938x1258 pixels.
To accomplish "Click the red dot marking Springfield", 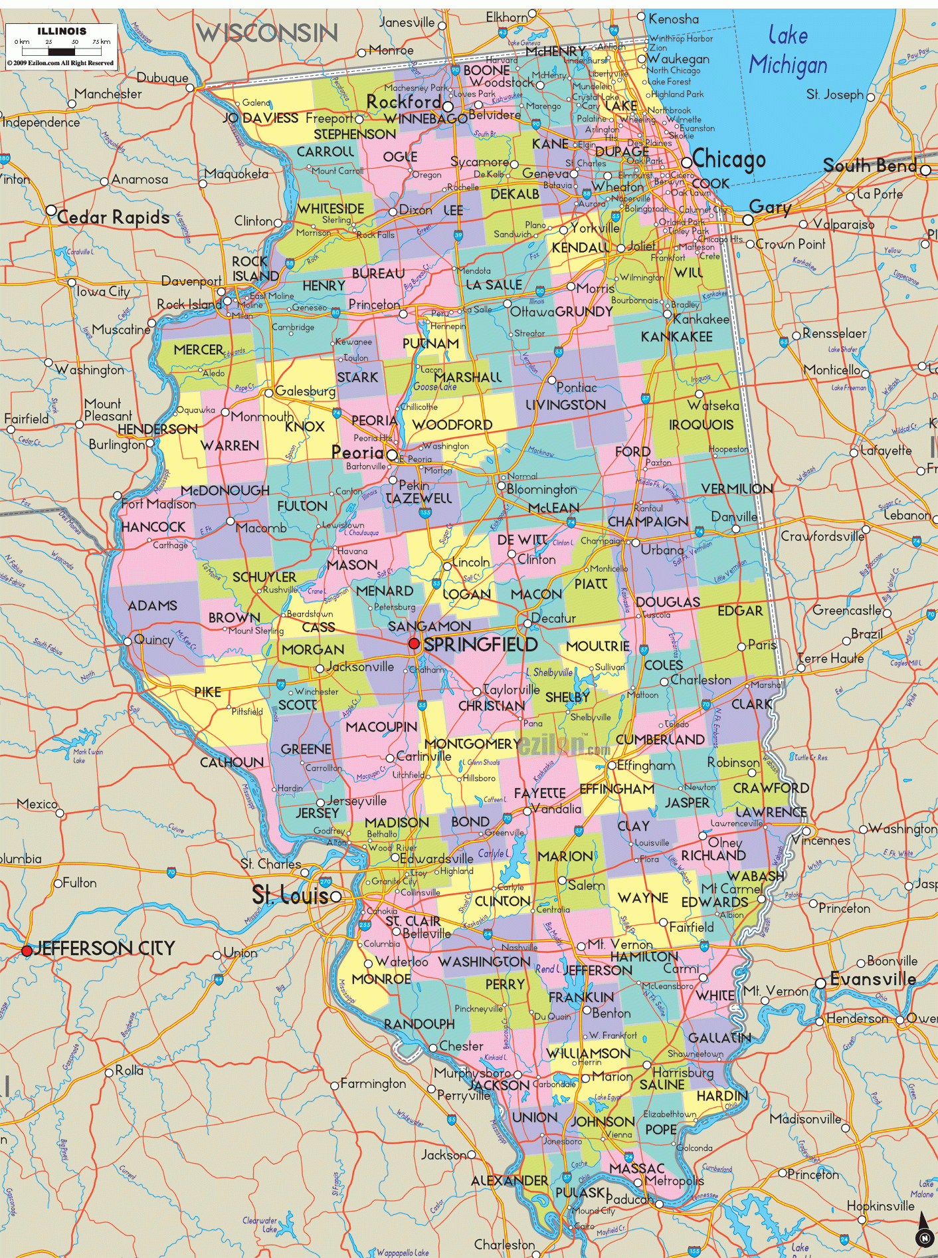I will pos(414,643).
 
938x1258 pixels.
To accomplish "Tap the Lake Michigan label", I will pos(789,51).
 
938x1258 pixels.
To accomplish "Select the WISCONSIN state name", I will pos(267,33).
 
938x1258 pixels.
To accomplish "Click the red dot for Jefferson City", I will pos(27,951).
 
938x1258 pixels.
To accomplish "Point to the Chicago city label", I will pos(729,159).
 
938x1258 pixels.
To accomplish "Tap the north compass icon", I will pos(923,1237).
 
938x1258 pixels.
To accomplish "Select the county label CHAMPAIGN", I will pos(648,522).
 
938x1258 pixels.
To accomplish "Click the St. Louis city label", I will pos(290,896).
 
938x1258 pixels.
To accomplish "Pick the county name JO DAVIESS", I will pos(260,118).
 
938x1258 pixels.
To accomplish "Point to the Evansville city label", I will pos(873,979).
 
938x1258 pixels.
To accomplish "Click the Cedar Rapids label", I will pos(113,217).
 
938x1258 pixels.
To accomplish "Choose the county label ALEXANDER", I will pos(509,1181).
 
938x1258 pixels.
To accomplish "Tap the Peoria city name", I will pos(357,453).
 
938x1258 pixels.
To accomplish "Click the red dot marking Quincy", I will pos(128,641).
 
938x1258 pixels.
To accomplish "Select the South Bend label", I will pos(870,165).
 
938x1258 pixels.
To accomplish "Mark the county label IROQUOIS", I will pos(701,425).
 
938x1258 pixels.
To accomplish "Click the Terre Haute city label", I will pos(830,659).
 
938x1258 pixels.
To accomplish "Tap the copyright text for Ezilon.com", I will pos(60,63).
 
